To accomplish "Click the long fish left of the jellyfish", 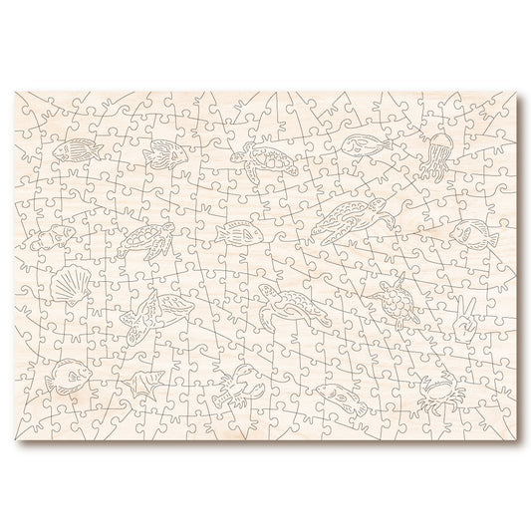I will click(360, 146).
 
